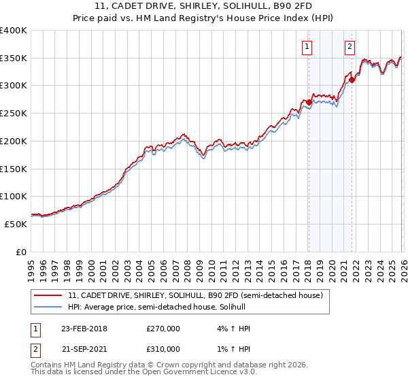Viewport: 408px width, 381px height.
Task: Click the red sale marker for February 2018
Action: coord(309,103)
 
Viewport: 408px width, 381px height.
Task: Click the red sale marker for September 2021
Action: coord(352,80)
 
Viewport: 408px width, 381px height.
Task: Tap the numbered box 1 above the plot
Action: coord(307,47)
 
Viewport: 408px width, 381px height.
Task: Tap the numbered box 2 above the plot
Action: coord(350,47)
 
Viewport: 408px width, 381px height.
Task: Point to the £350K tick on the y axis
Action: coord(14,59)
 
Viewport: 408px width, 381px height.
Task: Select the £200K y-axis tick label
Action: coord(14,141)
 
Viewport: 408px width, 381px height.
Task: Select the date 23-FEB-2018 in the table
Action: coord(84,329)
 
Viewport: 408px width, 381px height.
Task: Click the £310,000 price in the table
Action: coord(163,348)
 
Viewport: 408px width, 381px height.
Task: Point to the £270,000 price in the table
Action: coord(163,329)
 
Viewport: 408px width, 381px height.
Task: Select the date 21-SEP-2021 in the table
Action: coord(84,348)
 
